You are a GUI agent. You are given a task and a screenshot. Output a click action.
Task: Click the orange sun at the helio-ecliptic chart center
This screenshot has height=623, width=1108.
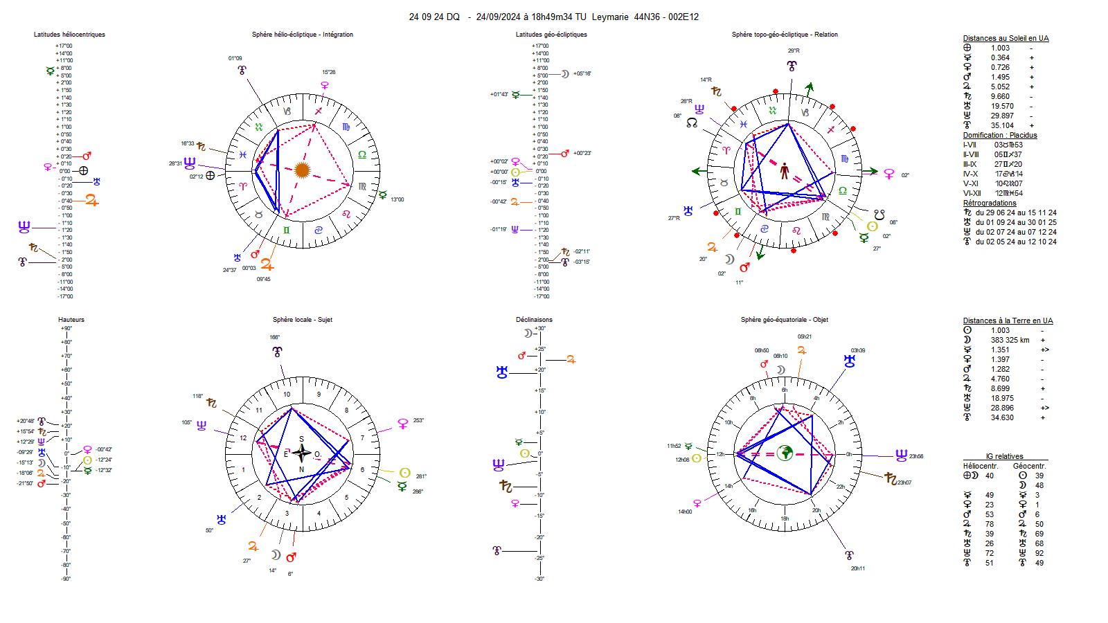pyautogui.click(x=302, y=170)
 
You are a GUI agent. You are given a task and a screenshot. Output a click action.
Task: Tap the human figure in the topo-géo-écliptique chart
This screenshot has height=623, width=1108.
pyautogui.click(x=785, y=170)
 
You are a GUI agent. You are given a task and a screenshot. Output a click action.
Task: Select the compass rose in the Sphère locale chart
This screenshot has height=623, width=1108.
pyautogui.click(x=301, y=453)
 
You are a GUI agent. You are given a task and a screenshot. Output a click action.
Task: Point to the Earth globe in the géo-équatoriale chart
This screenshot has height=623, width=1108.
pyautogui.click(x=785, y=453)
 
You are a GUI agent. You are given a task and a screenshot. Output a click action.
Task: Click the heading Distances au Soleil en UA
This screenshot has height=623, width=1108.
pyautogui.click(x=1006, y=39)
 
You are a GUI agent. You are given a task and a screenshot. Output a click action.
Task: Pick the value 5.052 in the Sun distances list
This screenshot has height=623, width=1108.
pyautogui.click(x=1000, y=87)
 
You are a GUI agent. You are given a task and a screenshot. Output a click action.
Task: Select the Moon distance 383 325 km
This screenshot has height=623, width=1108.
pyautogui.click(x=1010, y=341)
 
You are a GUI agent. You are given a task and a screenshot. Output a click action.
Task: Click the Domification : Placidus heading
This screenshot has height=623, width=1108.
pyautogui.click(x=999, y=136)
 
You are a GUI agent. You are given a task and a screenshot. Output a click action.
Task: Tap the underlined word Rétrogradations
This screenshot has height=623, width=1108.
pyautogui.click(x=990, y=204)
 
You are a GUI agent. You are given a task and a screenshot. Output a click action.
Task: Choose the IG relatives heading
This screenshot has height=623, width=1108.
pyautogui.click(x=1004, y=457)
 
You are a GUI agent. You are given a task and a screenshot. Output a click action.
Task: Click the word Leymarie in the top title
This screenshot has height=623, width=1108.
pyautogui.click(x=609, y=17)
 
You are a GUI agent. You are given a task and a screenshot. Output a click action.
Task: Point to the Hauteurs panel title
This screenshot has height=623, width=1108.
pyautogui.click(x=71, y=320)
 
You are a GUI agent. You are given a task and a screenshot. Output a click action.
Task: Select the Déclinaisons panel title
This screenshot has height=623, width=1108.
pyautogui.click(x=534, y=320)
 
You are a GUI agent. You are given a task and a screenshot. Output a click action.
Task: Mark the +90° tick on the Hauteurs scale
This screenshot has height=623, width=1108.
pyautogui.click(x=66, y=328)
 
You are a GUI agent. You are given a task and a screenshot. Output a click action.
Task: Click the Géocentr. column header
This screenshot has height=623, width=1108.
pyautogui.click(x=1029, y=467)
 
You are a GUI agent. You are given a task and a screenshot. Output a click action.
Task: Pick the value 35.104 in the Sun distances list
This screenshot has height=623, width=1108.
pyautogui.click(x=1001, y=126)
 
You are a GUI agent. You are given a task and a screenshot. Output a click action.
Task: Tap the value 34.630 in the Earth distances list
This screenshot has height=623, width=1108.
pyautogui.click(x=1001, y=418)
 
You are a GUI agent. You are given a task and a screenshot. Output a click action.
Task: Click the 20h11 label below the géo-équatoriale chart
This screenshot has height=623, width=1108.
pyautogui.click(x=857, y=569)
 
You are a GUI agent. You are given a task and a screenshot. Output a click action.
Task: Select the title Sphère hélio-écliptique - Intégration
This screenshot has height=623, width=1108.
pyautogui.click(x=302, y=35)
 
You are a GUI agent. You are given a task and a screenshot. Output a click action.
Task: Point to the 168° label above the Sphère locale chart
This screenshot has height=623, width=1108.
pyautogui.click(x=275, y=338)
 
